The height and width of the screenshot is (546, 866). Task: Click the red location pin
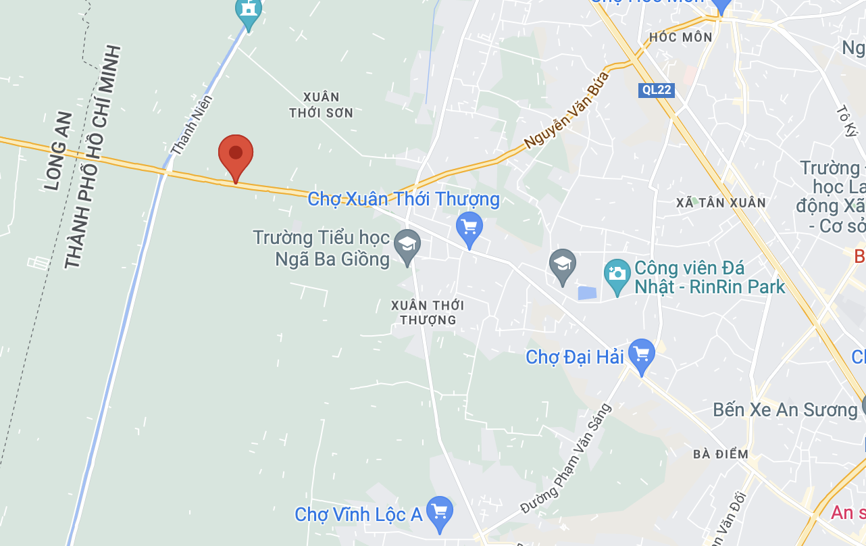236,155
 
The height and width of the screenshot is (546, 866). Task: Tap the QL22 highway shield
656,90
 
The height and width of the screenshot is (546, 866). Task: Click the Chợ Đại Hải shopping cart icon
641,353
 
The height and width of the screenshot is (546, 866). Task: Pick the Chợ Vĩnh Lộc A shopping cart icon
440,512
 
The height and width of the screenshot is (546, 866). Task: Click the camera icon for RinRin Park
617,274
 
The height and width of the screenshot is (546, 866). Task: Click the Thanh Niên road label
192,125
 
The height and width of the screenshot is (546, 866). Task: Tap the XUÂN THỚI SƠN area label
322,105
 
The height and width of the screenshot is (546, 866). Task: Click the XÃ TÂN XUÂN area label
721,203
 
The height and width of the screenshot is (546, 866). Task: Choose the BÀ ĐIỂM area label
721,454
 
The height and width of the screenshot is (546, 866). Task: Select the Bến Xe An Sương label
785,409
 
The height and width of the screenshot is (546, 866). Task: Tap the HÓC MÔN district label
680,37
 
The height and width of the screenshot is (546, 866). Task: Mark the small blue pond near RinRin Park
587,294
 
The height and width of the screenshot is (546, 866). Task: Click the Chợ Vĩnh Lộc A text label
359,515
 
